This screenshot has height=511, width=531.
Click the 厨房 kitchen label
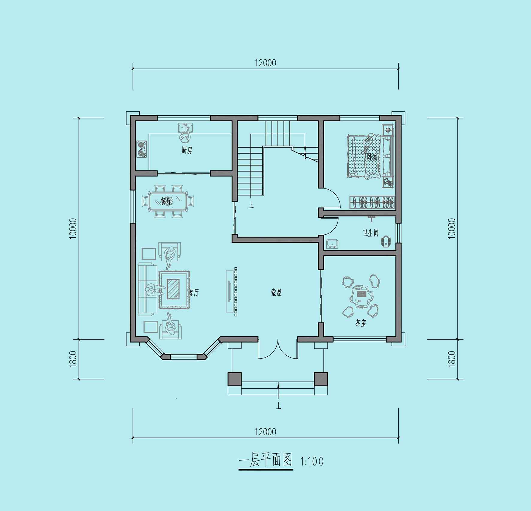click(187, 150)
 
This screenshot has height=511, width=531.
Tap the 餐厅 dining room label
click(165, 201)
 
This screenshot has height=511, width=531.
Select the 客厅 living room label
click(194, 293)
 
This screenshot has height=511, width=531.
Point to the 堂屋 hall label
click(276, 293)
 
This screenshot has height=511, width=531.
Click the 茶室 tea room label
click(360, 323)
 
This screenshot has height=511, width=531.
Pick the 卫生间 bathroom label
click(370, 233)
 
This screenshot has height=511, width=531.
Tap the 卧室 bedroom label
click(372, 156)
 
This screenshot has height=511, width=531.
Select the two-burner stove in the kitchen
click(141, 149)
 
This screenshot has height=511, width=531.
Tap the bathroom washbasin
click(332, 244)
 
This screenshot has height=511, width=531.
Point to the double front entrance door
click(278, 349)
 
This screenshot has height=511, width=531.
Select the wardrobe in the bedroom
click(372, 202)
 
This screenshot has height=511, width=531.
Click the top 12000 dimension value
click(265, 63)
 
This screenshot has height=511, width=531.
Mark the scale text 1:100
click(312, 461)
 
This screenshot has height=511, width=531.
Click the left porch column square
click(235, 379)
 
